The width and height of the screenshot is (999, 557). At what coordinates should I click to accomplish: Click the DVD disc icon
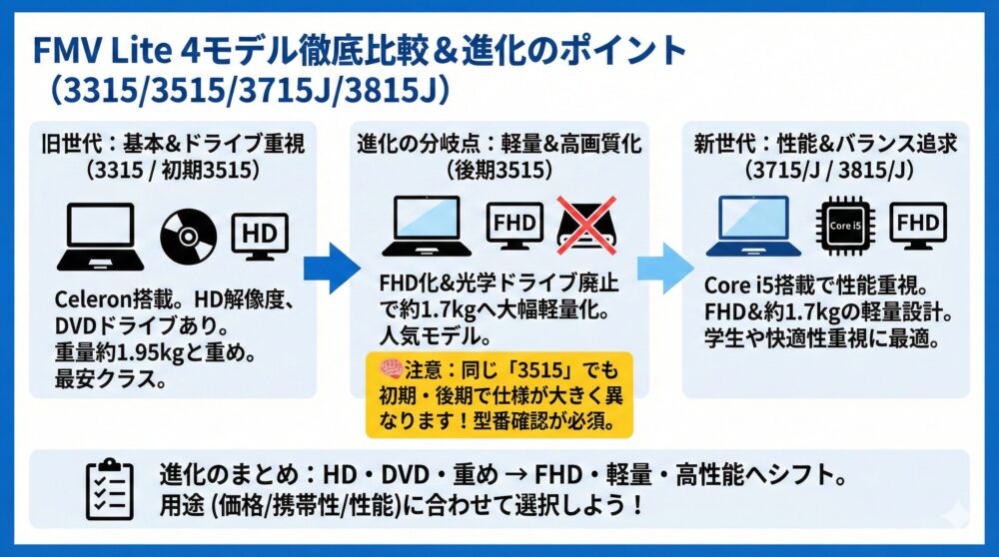[x=190, y=237]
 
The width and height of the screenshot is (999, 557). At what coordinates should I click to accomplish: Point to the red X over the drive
[x=586, y=226]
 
